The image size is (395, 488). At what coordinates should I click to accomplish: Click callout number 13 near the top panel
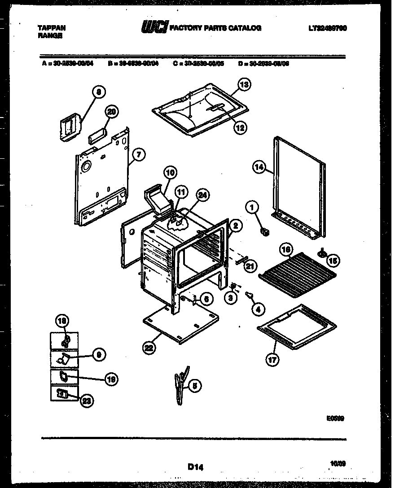pyautogui.click(x=243, y=84)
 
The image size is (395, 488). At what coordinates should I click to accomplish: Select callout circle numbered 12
pyautogui.click(x=240, y=127)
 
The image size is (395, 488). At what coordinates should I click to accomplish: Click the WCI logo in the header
pyautogui.click(x=154, y=28)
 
